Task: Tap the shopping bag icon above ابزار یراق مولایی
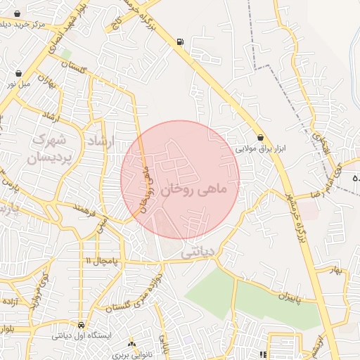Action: [262, 137]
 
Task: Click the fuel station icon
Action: [181, 42]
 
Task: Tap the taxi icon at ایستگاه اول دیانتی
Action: [82, 326]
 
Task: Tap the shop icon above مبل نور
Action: [18, 72]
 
